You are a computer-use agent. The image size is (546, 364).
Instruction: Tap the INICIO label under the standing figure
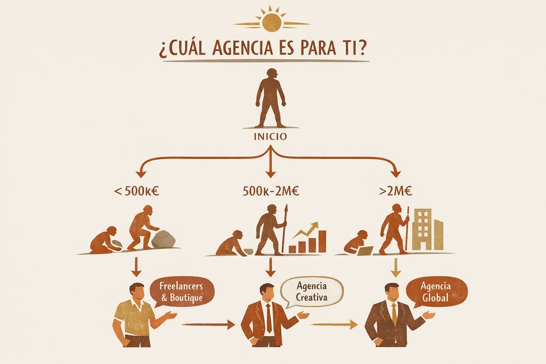point(270,136)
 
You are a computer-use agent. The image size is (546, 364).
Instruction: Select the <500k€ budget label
point(136,191)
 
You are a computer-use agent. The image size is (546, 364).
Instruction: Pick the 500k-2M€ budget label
point(271,191)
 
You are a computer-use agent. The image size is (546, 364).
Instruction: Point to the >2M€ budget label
point(396,191)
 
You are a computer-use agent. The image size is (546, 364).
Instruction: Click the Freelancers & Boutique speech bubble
point(182,291)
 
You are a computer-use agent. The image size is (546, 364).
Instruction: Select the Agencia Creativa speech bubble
point(312,291)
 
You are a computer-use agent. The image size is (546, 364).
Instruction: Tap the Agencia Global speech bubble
point(436,291)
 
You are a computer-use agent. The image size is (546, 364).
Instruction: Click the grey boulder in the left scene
point(164,239)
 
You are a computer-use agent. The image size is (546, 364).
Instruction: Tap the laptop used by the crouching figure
point(365,251)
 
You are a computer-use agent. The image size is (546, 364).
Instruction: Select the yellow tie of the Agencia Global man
point(394,315)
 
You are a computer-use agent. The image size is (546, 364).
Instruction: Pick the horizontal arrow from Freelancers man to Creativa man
point(208,324)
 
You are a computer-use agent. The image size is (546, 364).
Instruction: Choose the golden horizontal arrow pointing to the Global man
point(334,324)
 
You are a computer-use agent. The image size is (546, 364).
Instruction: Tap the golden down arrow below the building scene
point(396,268)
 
